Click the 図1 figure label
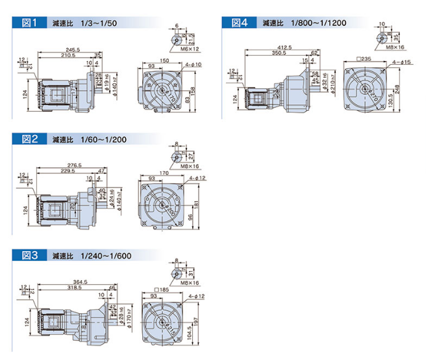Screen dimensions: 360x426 point(29,23)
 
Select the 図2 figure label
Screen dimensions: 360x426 point(29,139)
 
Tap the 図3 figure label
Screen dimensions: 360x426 point(29,255)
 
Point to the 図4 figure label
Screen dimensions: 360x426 point(240,23)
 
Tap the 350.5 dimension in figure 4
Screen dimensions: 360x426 point(279,53)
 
